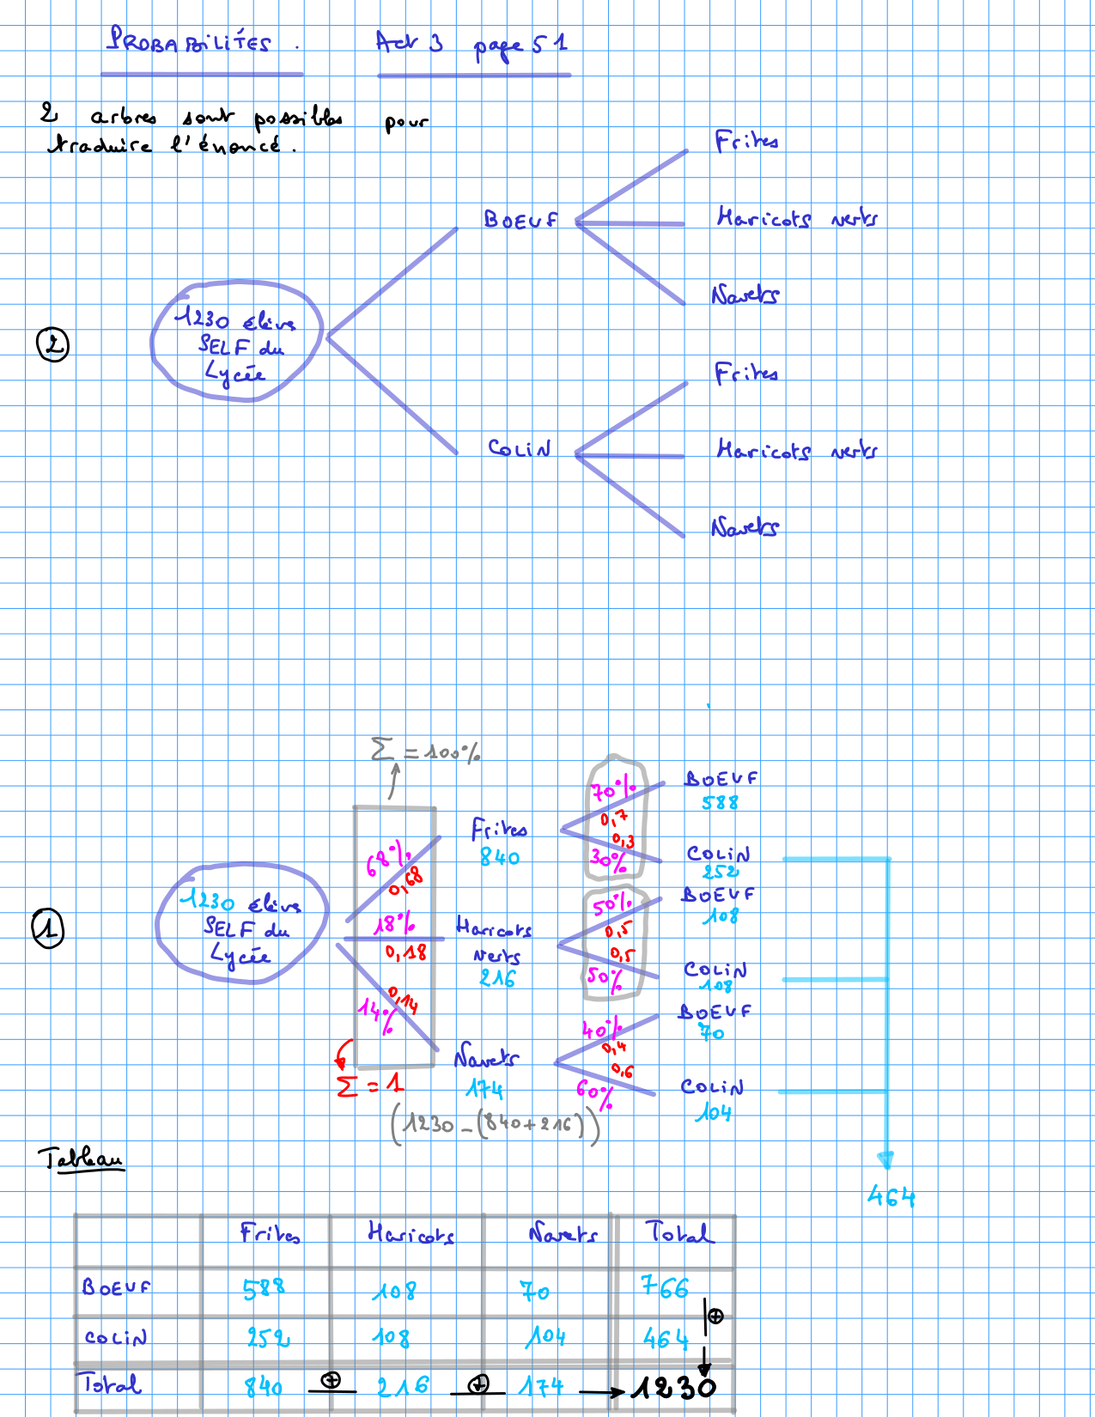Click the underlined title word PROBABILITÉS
click(189, 41)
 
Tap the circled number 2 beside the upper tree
click(52, 344)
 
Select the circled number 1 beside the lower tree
click(48, 928)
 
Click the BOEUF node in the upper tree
click(520, 220)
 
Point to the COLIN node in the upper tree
click(520, 448)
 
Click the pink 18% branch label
click(394, 925)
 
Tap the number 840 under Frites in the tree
click(500, 857)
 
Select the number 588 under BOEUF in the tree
click(720, 803)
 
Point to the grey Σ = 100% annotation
click(425, 751)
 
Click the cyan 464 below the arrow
click(891, 1196)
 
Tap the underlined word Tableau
click(82, 1159)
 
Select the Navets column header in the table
click(563, 1234)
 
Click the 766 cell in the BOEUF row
click(665, 1287)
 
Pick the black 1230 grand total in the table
click(673, 1388)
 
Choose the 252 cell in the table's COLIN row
click(268, 1338)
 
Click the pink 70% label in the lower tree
click(611, 790)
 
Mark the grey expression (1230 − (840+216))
click(496, 1124)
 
